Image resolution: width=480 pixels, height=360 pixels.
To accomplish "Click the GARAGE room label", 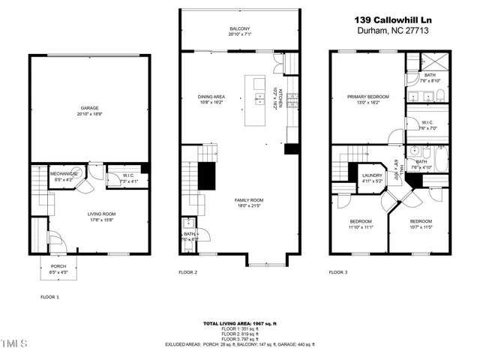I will click(90, 108).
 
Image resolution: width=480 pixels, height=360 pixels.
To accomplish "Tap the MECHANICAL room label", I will click(64, 173).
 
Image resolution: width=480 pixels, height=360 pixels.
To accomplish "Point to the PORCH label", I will click(58, 266).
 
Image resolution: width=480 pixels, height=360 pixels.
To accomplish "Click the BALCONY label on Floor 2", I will click(240, 28).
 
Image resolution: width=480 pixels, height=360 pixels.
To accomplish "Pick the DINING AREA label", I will click(211, 96).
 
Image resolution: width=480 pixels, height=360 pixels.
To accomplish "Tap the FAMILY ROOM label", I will click(251, 199).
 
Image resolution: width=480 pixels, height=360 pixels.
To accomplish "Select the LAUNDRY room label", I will click(373, 175).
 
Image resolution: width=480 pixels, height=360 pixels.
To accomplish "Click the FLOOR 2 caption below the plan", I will click(187, 273).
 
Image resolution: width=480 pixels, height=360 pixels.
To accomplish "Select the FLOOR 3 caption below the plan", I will click(340, 273).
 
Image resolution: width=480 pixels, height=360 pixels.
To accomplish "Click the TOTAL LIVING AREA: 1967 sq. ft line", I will click(240, 323).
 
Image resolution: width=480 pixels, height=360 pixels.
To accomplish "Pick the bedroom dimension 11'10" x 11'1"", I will click(361, 226).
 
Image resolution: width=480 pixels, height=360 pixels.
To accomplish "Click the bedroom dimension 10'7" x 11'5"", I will click(421, 226).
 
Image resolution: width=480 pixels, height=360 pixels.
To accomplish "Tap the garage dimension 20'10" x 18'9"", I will click(90, 113).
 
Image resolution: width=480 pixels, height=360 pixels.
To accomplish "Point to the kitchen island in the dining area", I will click(259, 97).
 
